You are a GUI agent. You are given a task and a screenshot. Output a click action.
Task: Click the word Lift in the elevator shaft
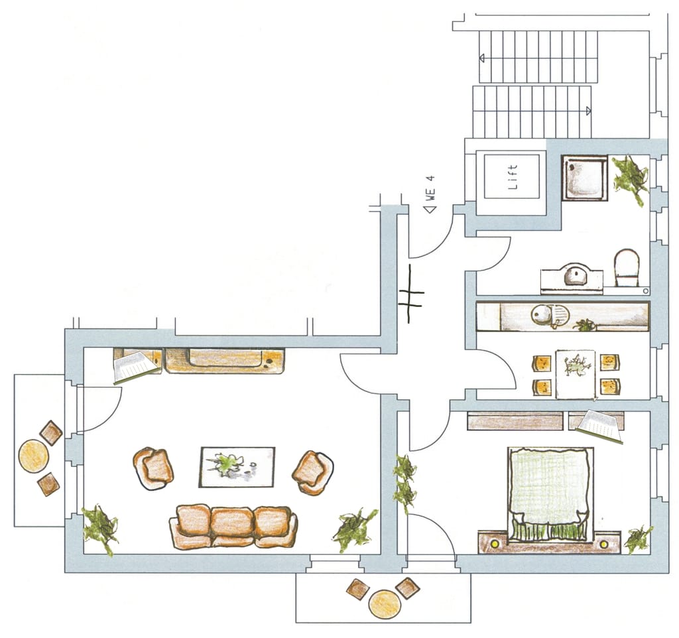pyautogui.click(x=513, y=176)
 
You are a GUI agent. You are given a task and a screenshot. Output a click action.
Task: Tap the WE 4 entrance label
pyautogui.click(x=430, y=188)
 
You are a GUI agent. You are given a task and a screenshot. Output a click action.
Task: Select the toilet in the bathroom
pyautogui.click(x=627, y=267)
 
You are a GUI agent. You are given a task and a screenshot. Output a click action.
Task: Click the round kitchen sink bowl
pyautogui.click(x=541, y=314)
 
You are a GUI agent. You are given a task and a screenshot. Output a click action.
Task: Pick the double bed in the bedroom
pyautogui.click(x=550, y=494)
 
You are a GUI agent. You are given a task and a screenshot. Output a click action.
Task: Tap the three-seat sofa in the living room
pyautogui.click(x=233, y=526)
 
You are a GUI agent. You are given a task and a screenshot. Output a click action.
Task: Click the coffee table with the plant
pyautogui.click(x=237, y=467)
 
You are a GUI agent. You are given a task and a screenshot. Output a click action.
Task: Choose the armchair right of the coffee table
pyautogui.click(x=313, y=473)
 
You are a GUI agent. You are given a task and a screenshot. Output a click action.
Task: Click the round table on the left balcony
pyautogui.click(x=34, y=456)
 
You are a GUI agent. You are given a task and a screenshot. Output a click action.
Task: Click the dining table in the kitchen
pyautogui.click(x=576, y=374)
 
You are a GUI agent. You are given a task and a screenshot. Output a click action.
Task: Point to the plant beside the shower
pyautogui.click(x=631, y=178)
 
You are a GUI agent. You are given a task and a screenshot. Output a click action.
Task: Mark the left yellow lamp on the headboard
pyautogui.click(x=493, y=542)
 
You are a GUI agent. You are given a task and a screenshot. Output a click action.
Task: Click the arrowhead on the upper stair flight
pyautogui.click(x=481, y=58)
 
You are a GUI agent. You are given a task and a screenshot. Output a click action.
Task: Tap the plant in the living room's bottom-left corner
pyautogui.click(x=101, y=529)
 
